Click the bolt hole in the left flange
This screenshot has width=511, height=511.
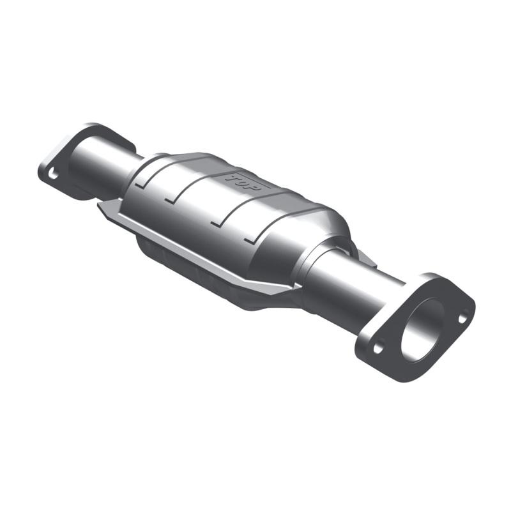pyautogui.click(x=52, y=172)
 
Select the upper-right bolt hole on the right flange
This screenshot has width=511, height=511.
pyautogui.click(x=462, y=316)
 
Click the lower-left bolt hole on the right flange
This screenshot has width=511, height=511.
pyautogui.click(x=378, y=349)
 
